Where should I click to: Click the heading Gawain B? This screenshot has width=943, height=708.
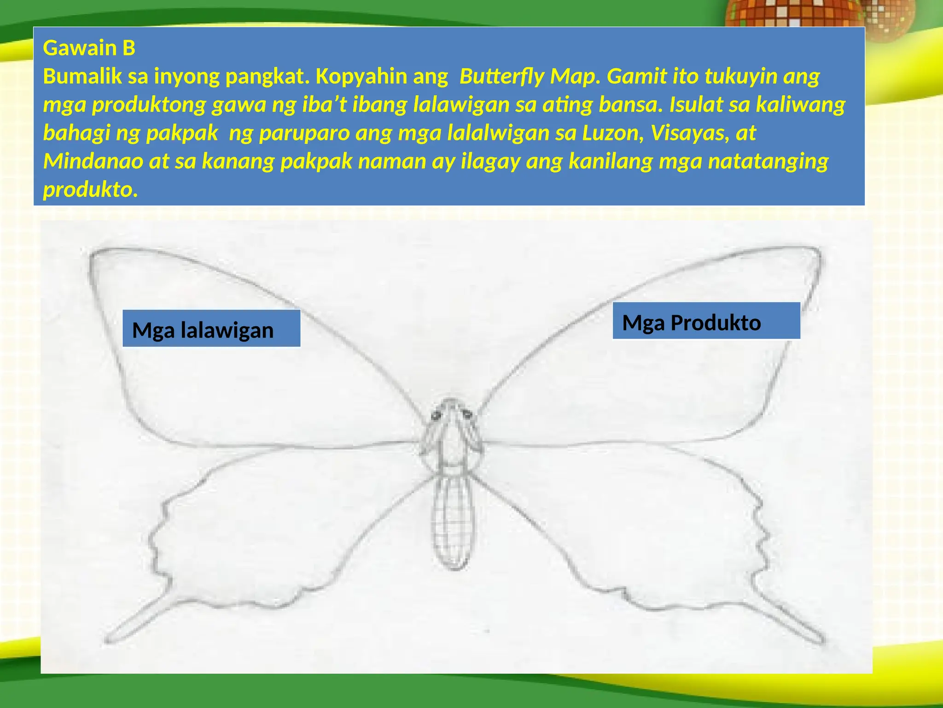(89, 48)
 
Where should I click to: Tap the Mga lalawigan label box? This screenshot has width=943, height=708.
(211, 329)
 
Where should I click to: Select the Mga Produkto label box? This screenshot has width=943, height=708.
(706, 321)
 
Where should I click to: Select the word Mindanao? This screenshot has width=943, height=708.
(93, 161)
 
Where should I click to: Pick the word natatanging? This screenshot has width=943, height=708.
(768, 161)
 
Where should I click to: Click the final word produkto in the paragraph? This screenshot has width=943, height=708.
(90, 189)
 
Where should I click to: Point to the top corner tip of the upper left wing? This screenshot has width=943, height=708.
(93, 254)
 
